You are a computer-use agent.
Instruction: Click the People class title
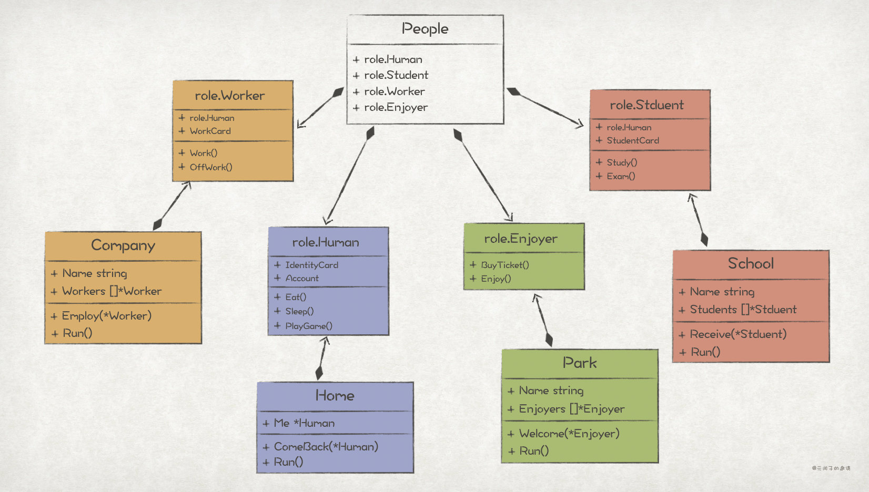425,29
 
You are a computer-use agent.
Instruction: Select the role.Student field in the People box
396,75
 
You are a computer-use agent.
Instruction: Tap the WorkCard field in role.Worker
210,131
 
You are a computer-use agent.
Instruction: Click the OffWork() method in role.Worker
210,167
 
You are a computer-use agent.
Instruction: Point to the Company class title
123,245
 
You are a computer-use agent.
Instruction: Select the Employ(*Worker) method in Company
106,316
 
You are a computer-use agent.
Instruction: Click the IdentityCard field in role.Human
311,265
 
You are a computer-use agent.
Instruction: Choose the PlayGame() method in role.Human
309,326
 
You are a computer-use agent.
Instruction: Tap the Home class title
335,396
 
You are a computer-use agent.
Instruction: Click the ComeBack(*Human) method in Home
326,447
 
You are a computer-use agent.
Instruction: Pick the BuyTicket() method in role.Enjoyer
504,265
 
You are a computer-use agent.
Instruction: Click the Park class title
580,363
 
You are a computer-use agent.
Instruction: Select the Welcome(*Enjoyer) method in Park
569,434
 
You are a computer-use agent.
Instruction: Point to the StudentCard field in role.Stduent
632,140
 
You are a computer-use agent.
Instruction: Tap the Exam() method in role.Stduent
621,176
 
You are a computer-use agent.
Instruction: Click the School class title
751,263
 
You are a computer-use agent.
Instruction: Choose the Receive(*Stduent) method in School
737,334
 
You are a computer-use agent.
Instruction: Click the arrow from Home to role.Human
322,357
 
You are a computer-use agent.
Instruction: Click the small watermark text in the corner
831,468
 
